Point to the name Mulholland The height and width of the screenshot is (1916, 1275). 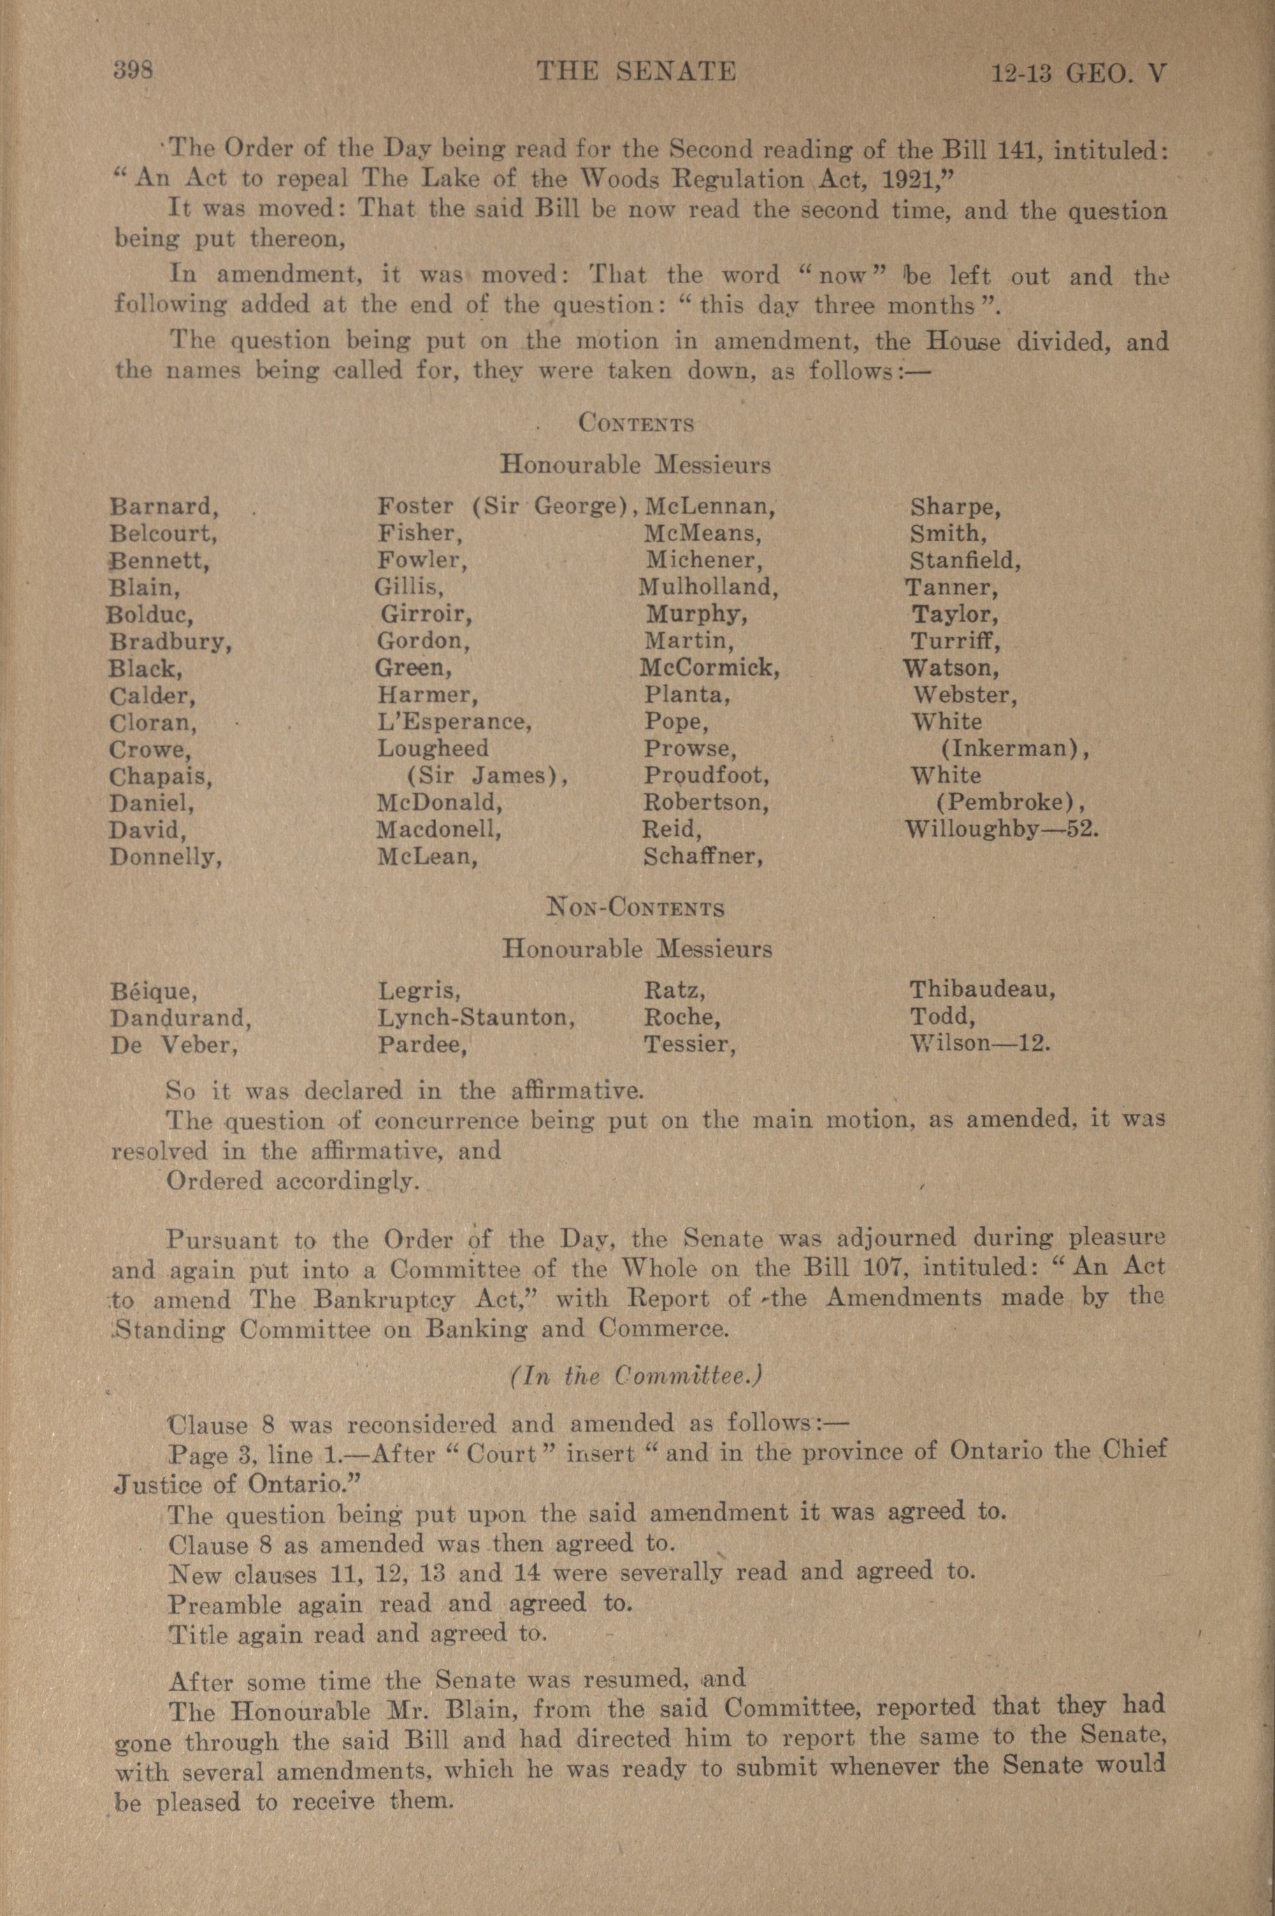(x=707, y=587)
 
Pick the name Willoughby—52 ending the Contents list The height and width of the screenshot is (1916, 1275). (x=1002, y=830)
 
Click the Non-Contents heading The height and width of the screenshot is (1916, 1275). (x=637, y=907)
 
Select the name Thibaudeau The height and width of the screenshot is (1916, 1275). (x=982, y=989)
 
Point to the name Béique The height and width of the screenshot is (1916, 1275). (x=154, y=992)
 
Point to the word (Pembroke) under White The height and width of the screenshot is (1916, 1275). (x=1009, y=803)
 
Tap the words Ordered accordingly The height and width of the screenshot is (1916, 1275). (x=293, y=1181)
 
